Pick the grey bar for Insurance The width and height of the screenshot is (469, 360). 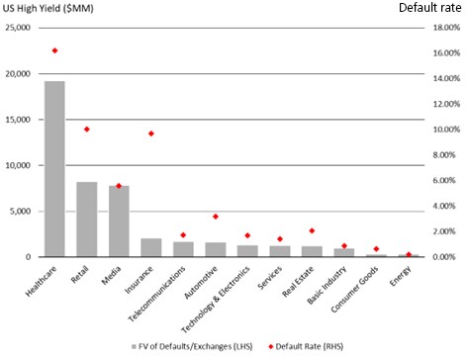(151, 247)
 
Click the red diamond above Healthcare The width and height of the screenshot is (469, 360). (55, 50)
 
